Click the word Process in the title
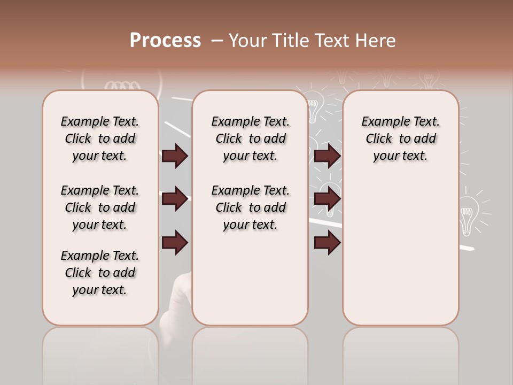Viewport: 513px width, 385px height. tap(165, 41)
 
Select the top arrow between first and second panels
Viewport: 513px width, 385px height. tap(175, 156)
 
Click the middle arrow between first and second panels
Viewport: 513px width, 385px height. tap(175, 199)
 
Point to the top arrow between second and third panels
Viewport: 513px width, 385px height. tap(327, 156)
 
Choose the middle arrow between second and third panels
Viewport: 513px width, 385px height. tap(327, 199)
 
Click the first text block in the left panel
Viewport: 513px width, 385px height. tap(100, 138)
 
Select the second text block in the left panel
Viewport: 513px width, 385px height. tap(100, 207)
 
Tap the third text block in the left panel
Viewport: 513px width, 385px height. tap(100, 273)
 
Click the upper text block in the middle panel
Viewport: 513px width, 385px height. tap(250, 138)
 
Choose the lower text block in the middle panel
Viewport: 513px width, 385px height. tap(250, 207)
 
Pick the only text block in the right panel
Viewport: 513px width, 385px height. tap(400, 138)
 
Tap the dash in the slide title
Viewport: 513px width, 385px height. tap(216, 41)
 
